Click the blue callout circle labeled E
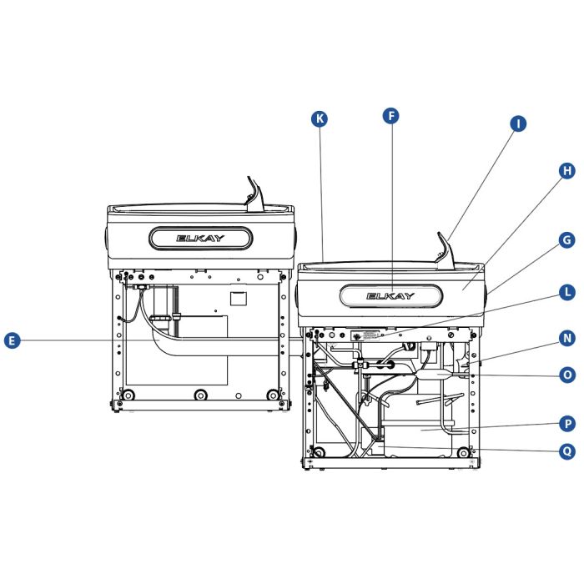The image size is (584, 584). coord(12,340)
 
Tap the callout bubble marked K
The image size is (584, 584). coord(319,118)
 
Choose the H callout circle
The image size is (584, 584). coord(566,170)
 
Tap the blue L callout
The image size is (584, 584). coord(566,292)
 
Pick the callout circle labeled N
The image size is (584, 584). coord(566,338)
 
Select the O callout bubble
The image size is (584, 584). coord(566,375)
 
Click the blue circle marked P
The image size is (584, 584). coord(566,424)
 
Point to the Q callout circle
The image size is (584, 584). coord(566,451)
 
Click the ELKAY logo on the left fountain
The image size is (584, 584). coord(200,238)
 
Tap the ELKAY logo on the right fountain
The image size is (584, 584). coord(390,295)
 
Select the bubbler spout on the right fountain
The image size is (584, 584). coord(443,249)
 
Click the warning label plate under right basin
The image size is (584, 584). coord(368,335)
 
